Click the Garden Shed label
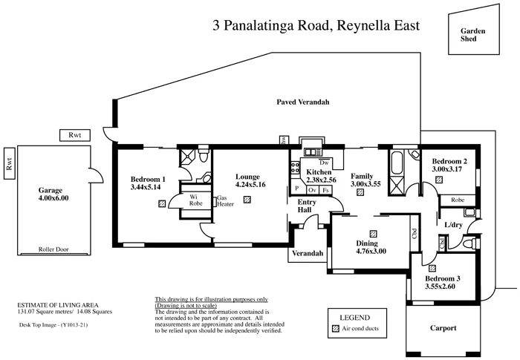(472, 36)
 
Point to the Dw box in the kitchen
(323, 163)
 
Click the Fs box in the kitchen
(325, 190)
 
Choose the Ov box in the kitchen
(311, 190)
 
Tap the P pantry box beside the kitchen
(296, 189)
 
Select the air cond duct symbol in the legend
(334, 327)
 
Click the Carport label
(443, 327)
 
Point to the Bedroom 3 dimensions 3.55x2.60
(443, 286)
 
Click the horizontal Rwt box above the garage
(74, 135)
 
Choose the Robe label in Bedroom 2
(458, 200)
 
